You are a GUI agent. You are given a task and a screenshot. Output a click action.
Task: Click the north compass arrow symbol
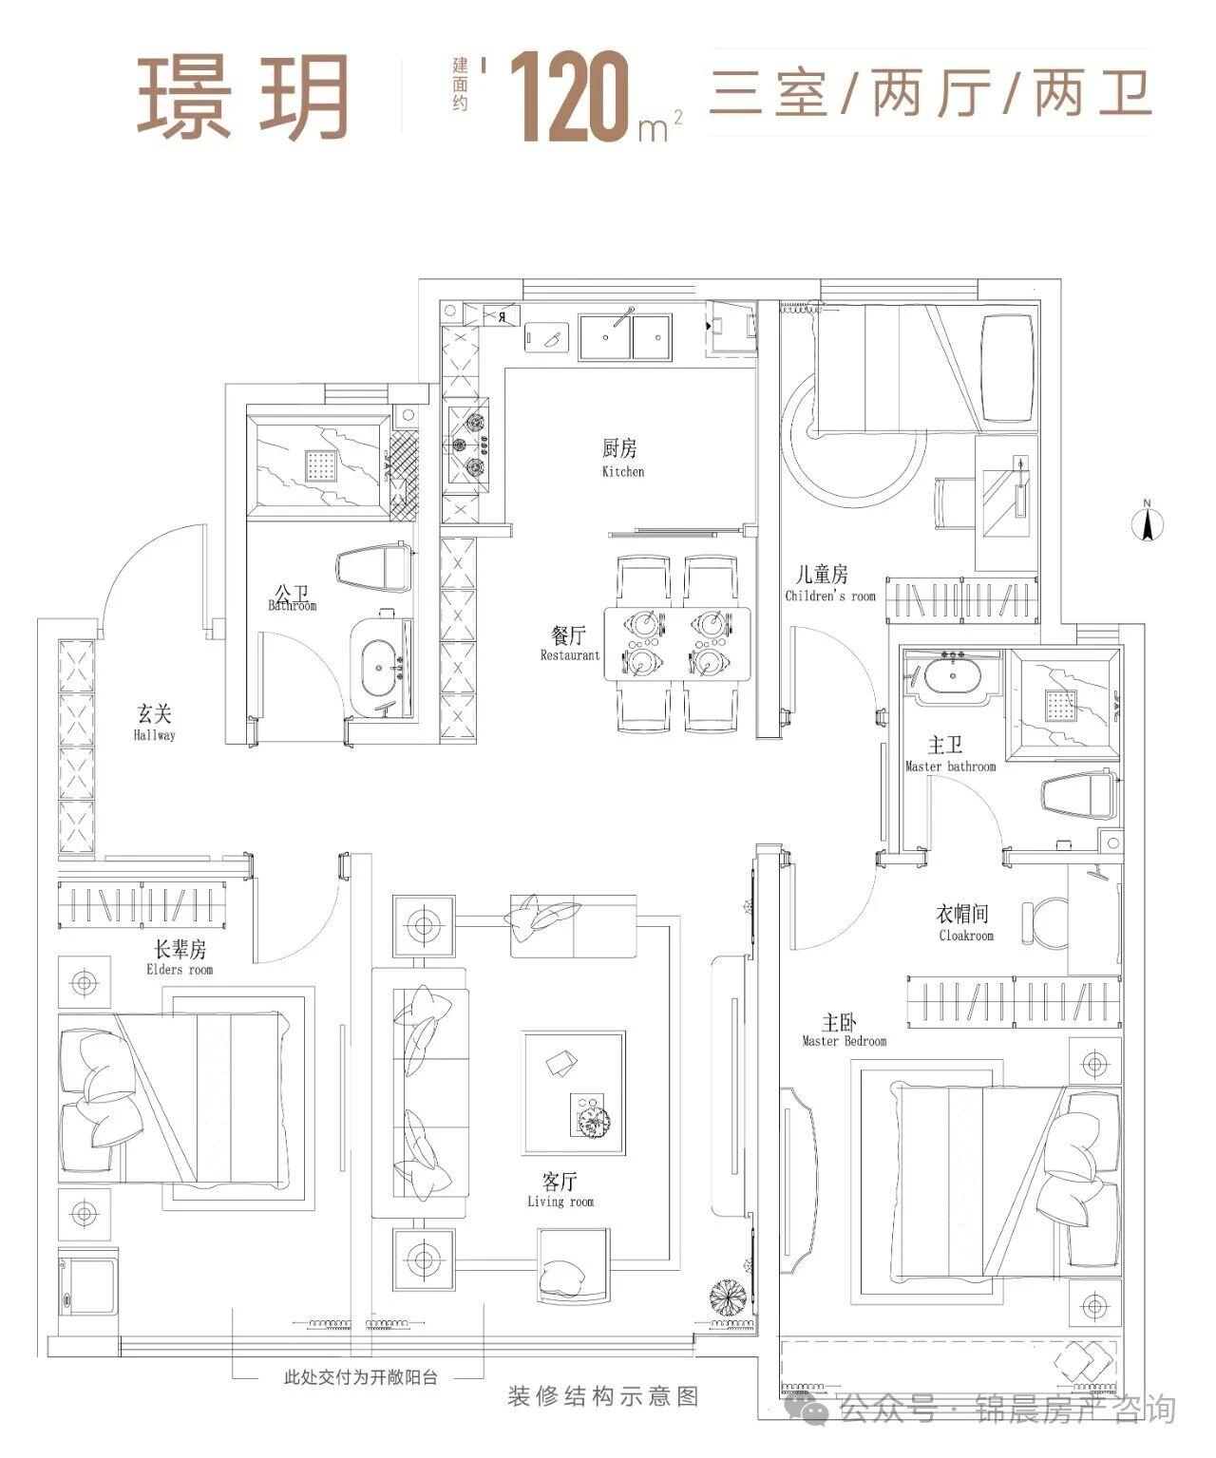tap(1146, 522)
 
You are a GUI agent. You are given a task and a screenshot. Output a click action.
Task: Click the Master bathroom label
tap(949, 755)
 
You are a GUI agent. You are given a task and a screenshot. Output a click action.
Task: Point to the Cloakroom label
tap(964, 923)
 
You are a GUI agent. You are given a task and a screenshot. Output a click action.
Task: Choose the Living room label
tap(560, 1190)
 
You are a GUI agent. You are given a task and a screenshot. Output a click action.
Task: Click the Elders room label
tap(180, 958)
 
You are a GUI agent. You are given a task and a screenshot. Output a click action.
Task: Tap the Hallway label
tap(154, 723)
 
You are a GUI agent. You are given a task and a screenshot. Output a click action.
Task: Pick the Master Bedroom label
tap(843, 1031)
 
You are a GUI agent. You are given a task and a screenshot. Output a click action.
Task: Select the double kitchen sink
tap(624, 336)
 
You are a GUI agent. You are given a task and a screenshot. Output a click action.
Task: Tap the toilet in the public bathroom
tap(374, 568)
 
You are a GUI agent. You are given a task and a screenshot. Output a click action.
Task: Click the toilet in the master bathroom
tap(1080, 795)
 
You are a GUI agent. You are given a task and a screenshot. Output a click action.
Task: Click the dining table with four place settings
tap(676, 643)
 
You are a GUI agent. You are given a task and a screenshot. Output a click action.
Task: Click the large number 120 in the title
tap(568, 96)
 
